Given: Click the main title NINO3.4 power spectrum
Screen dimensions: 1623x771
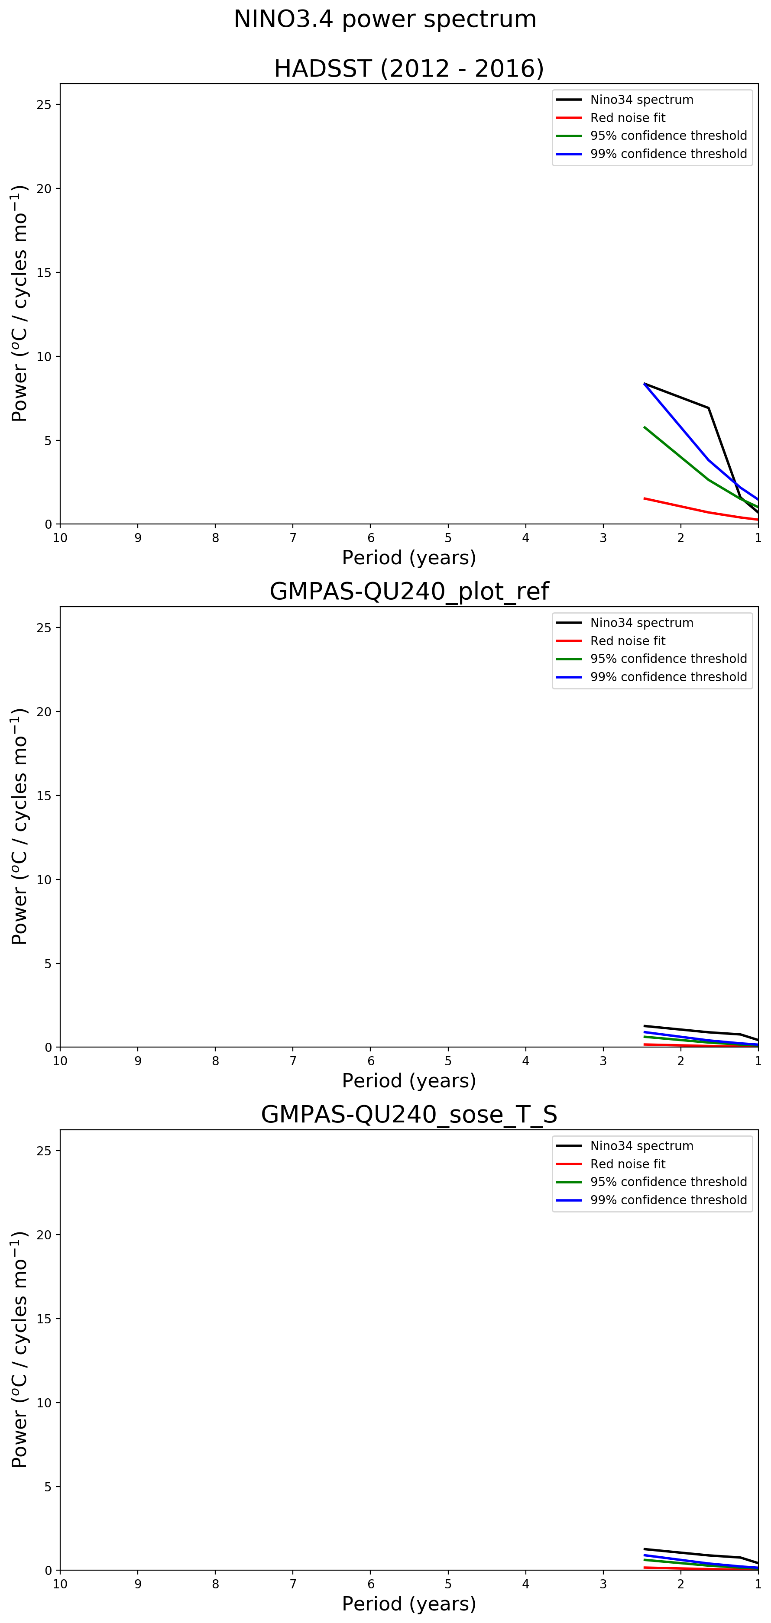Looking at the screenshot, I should [x=385, y=19].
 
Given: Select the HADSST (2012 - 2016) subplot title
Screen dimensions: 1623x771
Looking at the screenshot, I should [x=408, y=68].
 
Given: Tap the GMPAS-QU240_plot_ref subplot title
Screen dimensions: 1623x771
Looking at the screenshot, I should [x=408, y=591].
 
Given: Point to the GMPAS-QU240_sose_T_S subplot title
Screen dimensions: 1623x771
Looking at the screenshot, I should [x=408, y=1114].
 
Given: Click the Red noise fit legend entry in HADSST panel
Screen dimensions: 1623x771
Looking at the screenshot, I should [x=627, y=118].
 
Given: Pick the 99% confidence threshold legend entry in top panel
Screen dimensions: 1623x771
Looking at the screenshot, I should [x=668, y=154].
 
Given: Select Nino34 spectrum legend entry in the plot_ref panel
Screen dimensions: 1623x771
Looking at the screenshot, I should [x=641, y=623].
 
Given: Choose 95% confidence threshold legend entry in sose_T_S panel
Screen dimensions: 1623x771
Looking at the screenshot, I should [x=668, y=1181].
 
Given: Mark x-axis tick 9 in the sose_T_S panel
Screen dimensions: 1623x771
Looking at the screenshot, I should [x=137, y=1583].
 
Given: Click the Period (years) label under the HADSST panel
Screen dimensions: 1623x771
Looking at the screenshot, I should [x=408, y=558].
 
